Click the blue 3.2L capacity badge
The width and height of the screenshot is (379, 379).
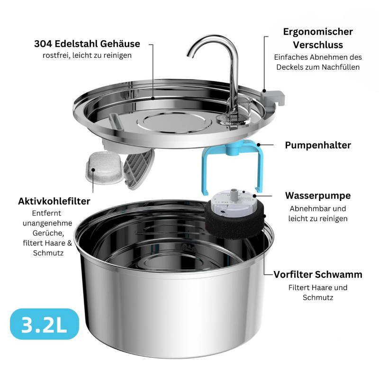click(45, 324)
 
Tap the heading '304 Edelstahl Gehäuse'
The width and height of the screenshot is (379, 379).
click(87, 44)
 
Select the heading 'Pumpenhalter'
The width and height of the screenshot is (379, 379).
click(318, 145)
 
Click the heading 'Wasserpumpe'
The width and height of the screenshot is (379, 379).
click(318, 196)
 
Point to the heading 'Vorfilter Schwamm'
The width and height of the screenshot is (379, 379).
click(318, 274)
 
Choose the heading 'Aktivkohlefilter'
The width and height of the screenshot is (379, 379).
click(54, 201)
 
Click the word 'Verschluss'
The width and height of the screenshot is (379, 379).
click(318, 45)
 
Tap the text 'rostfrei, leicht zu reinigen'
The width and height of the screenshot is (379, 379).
click(87, 55)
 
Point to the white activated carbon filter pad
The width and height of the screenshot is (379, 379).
click(104, 167)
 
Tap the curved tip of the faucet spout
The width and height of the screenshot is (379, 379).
click(190, 54)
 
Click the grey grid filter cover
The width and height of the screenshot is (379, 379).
click(139, 169)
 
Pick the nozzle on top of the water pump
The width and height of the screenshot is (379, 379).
click(233, 193)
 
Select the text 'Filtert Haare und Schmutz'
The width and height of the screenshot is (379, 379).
click(318, 292)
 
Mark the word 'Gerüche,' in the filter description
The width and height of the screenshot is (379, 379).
click(48, 233)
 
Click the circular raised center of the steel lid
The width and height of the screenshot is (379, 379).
click(174, 122)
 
